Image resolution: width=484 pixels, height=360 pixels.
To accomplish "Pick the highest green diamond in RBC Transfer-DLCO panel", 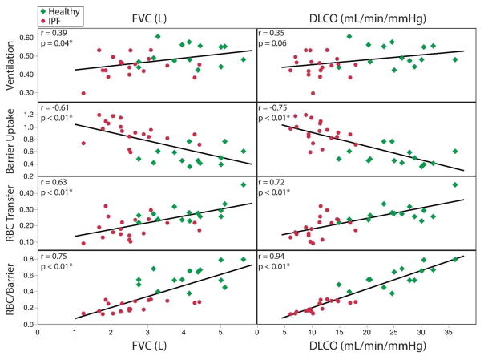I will [454, 185].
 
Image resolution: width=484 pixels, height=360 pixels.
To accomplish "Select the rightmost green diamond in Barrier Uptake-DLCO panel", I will [454, 151].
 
